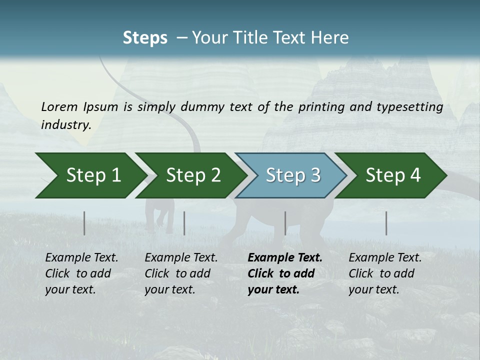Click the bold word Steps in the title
pyautogui.click(x=145, y=38)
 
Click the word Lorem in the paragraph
pyautogui.click(x=59, y=106)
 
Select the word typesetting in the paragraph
pyautogui.click(x=412, y=106)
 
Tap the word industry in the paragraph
pyautogui.click(x=65, y=124)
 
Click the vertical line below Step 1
pyautogui.click(x=84, y=223)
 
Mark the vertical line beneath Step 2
pyautogui.click(x=184, y=223)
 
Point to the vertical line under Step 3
pyautogui.click(x=285, y=223)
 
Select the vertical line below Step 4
pyautogui.click(x=386, y=223)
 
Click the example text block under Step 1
pyautogui.click(x=81, y=273)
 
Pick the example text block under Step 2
pyautogui.click(x=181, y=273)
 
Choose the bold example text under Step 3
pyautogui.click(x=285, y=273)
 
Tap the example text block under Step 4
pyautogui.click(x=385, y=273)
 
